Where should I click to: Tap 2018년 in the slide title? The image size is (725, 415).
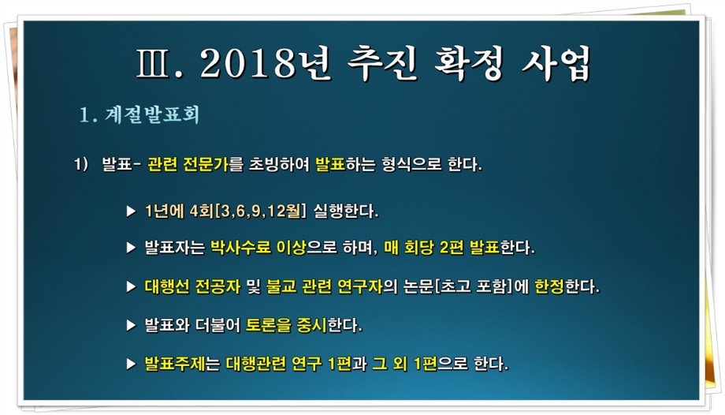click(266, 63)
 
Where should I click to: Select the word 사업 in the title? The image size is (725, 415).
click(556, 63)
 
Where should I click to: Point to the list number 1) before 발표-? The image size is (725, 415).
click(81, 164)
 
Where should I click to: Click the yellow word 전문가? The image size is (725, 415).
click(206, 164)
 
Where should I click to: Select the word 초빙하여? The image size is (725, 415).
click(279, 164)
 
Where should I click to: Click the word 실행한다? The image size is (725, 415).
click(346, 211)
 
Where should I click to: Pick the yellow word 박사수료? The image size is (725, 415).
click(240, 247)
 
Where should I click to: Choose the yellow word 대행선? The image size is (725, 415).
click(167, 286)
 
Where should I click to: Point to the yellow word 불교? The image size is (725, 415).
click(281, 286)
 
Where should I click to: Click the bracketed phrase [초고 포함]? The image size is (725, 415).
click(474, 286)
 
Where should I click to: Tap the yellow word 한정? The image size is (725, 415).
click(549, 286)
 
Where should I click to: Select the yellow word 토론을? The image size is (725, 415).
click(269, 325)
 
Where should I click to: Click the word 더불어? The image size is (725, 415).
click(217, 325)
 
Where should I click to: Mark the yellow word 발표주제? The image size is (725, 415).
click(175, 364)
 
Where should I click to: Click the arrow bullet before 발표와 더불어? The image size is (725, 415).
click(132, 326)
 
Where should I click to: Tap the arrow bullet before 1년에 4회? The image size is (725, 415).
click(132, 211)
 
